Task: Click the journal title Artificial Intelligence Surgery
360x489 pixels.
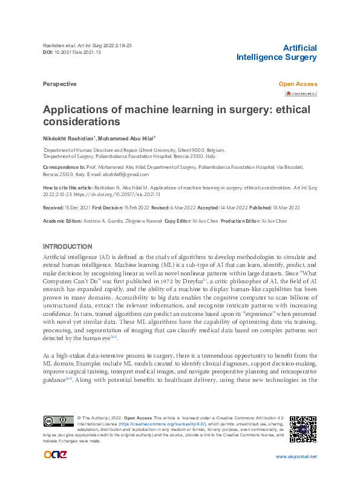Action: (x=276, y=53)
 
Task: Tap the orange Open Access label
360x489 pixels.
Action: (x=297, y=84)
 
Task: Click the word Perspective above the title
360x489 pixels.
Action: (x=59, y=84)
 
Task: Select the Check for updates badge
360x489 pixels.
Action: (x=301, y=94)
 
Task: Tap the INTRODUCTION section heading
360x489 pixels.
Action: (x=67, y=247)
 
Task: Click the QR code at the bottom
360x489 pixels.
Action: (x=303, y=429)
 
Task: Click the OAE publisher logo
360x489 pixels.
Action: (x=56, y=455)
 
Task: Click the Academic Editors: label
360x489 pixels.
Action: (x=63, y=222)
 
